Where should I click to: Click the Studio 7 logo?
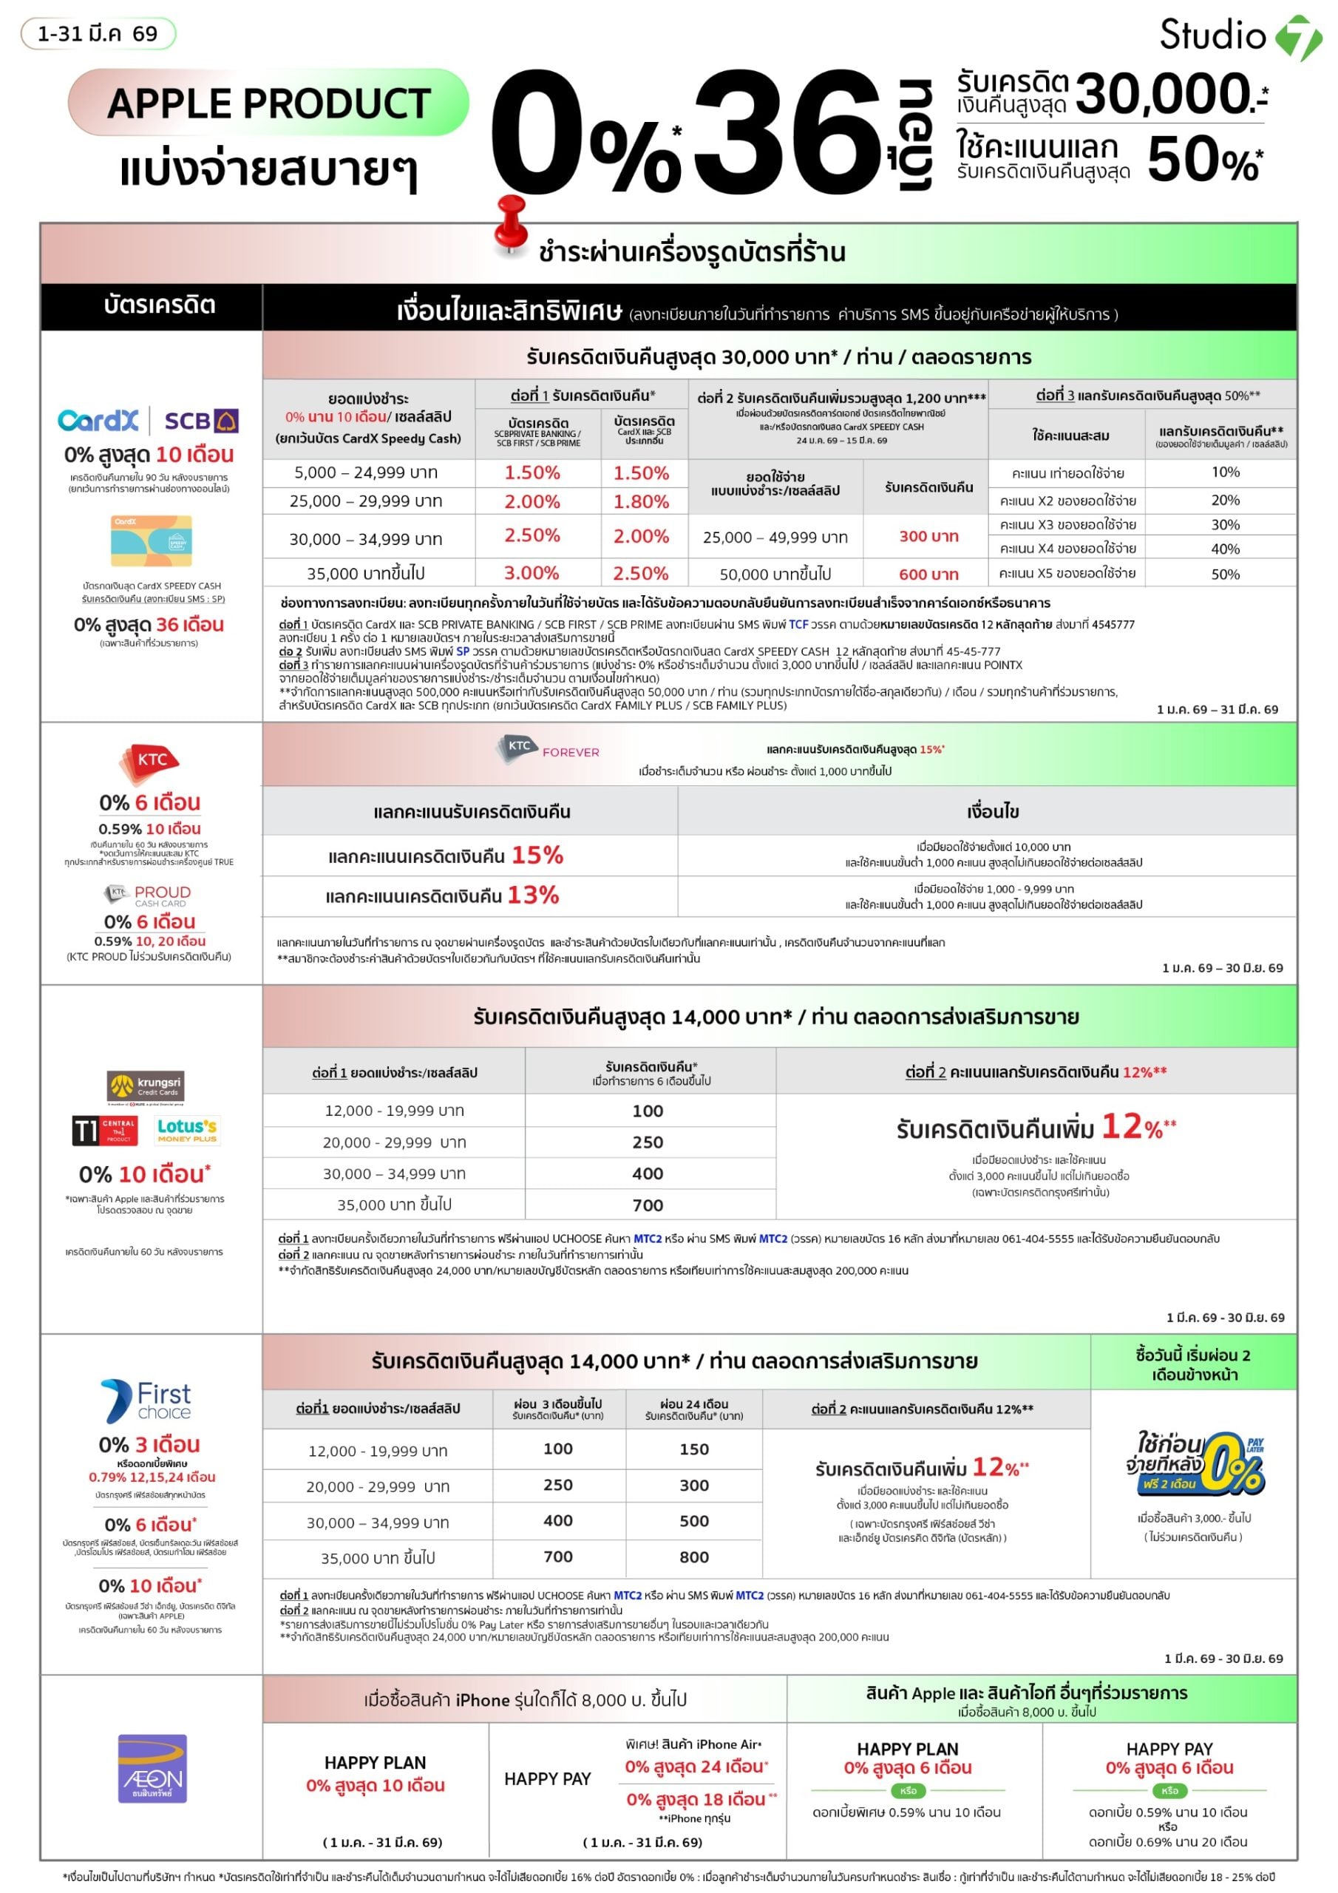(x=1240, y=36)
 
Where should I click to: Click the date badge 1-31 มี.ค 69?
(x=98, y=34)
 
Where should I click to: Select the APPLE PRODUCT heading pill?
(x=269, y=103)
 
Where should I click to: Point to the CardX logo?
(x=98, y=421)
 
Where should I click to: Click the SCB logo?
(x=201, y=421)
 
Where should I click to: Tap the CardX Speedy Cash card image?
(x=152, y=541)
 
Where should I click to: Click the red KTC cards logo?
(x=150, y=762)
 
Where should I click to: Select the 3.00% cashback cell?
(x=532, y=573)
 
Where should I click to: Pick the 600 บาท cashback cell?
(x=928, y=575)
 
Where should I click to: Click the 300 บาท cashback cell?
(x=928, y=537)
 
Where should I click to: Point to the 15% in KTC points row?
(x=537, y=856)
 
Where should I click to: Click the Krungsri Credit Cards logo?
(x=145, y=1087)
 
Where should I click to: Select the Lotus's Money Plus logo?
(x=187, y=1130)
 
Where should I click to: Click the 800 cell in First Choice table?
(x=693, y=1557)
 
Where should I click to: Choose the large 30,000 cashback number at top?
(x=1164, y=93)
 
